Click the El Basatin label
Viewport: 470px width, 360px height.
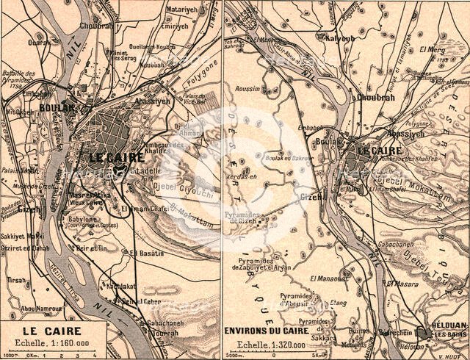[144, 253]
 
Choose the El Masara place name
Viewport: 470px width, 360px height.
[403, 282]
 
